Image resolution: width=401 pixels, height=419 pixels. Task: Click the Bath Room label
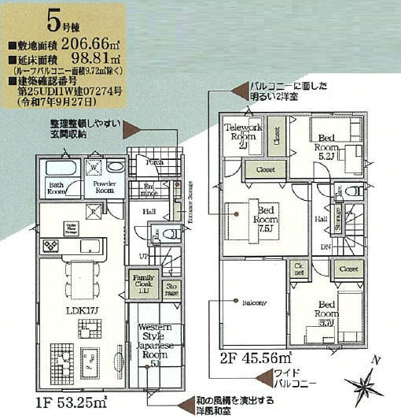(x=57, y=189)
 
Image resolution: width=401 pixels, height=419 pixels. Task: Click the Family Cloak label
(x=143, y=282)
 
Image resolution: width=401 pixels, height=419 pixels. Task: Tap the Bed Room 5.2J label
(x=326, y=146)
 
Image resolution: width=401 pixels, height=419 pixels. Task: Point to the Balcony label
(x=254, y=302)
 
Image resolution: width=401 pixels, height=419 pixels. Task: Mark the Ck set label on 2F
(x=298, y=271)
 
